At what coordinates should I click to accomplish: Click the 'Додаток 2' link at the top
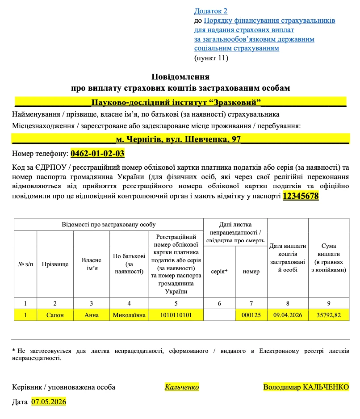pos(210,11)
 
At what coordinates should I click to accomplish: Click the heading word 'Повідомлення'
pos(180,77)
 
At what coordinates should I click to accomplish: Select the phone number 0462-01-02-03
pos(97,154)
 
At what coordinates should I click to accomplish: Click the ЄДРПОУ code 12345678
pos(301,196)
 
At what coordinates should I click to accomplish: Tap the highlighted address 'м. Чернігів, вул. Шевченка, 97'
pos(178,139)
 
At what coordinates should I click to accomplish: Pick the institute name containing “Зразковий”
pos(176,102)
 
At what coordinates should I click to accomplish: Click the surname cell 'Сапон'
pos(55,315)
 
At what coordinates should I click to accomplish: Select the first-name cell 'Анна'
pos(92,315)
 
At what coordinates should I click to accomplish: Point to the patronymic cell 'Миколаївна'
pos(129,315)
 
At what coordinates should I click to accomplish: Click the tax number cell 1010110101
pos(176,315)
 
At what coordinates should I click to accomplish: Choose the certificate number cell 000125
pos(251,315)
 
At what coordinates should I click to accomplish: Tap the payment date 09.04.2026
pos(288,315)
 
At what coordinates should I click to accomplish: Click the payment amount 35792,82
pos(329,315)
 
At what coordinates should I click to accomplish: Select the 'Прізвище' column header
pos(55,264)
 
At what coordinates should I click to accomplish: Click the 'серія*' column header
pos(219,272)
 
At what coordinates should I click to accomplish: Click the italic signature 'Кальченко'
pos(182,387)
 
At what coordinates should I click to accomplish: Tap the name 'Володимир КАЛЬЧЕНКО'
pos(306,387)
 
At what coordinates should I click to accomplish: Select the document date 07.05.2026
pos(49,402)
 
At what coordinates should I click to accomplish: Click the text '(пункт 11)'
pos(211,58)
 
